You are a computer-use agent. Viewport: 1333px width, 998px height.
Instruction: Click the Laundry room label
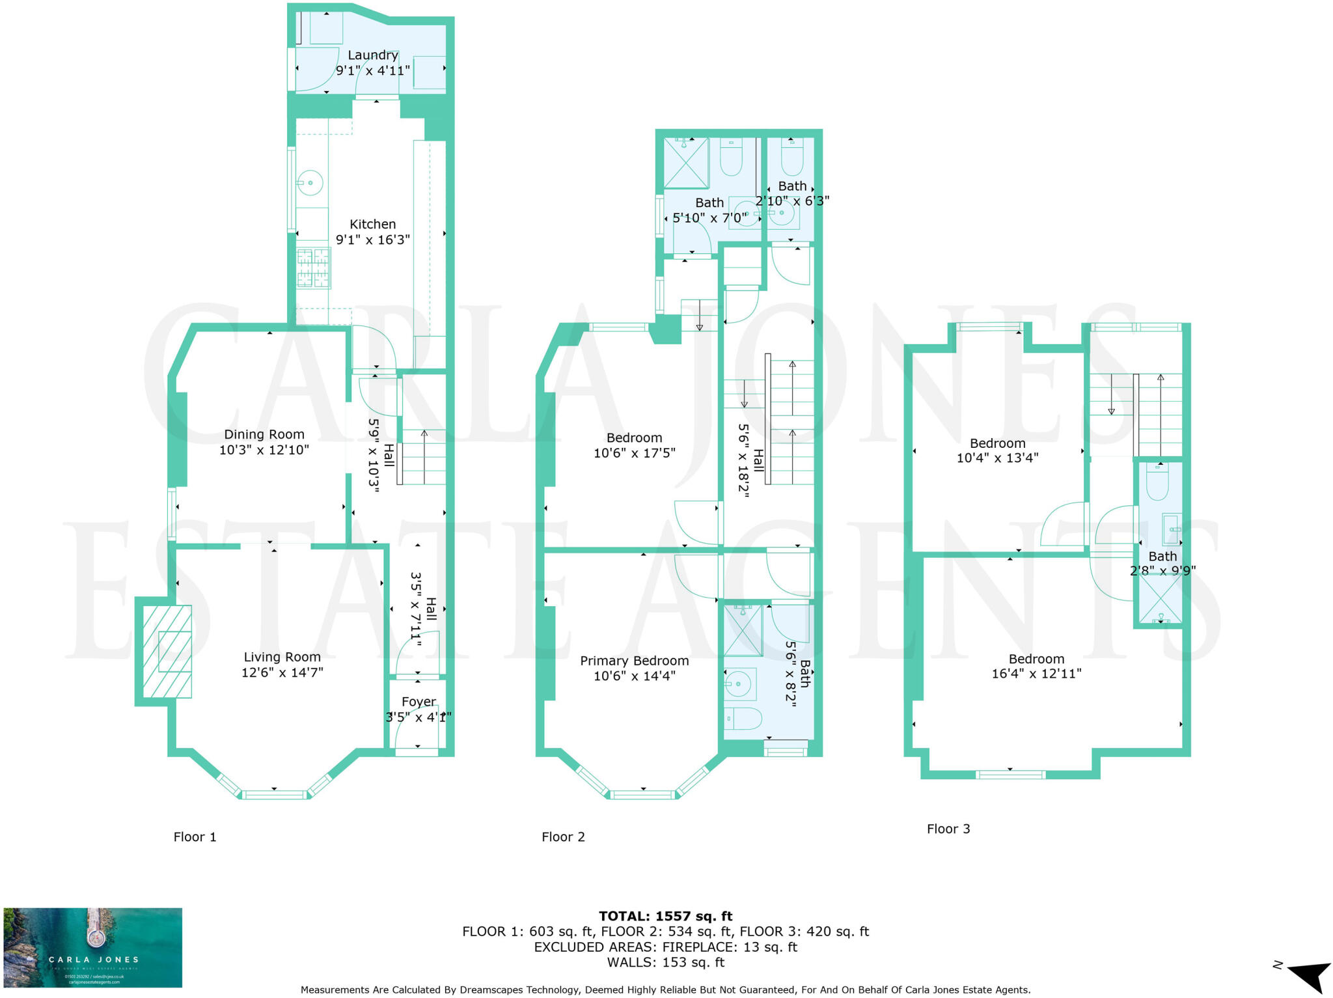pyautogui.click(x=372, y=55)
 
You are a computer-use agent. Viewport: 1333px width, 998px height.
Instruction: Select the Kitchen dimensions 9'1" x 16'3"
pyautogui.click(x=372, y=240)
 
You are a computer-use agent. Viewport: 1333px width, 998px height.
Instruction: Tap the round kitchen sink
pyautogui.click(x=311, y=183)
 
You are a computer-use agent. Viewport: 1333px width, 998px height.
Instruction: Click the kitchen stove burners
pyautogui.click(x=314, y=268)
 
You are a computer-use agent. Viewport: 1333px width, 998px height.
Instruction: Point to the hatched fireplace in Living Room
pyautogui.click(x=167, y=652)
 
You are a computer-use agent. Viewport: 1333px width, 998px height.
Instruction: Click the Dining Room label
pyautogui.click(x=264, y=434)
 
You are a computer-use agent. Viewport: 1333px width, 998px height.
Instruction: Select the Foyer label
pyautogui.click(x=419, y=702)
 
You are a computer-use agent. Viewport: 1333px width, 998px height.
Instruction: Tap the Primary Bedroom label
pyautogui.click(x=634, y=661)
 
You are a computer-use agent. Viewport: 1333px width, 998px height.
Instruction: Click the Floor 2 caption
pyautogui.click(x=563, y=837)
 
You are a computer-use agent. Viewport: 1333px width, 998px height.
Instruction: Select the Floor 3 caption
pyautogui.click(x=948, y=829)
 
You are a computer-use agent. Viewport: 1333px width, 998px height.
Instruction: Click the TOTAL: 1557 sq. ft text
pyautogui.click(x=665, y=917)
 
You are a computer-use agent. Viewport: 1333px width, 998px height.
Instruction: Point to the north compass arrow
pyautogui.click(x=1308, y=977)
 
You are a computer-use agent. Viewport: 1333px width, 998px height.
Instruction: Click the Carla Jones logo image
pyautogui.click(x=92, y=947)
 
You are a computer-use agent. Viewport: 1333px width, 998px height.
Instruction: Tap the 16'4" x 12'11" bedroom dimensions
pyautogui.click(x=1036, y=674)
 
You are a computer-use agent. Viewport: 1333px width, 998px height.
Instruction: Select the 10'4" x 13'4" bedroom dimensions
pyautogui.click(x=997, y=458)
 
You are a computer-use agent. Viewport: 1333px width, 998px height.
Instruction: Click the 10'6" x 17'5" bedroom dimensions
pyautogui.click(x=634, y=453)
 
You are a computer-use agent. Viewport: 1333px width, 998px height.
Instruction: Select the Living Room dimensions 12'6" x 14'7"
pyautogui.click(x=282, y=672)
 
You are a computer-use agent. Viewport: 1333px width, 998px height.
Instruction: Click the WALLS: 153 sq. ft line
pyautogui.click(x=665, y=962)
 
